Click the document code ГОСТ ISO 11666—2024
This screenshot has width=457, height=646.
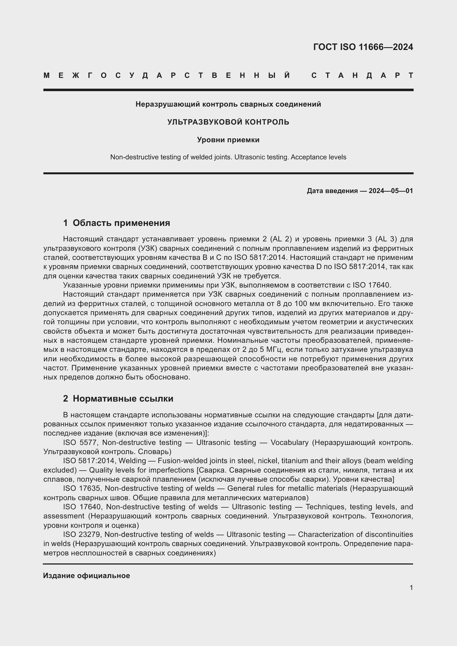point(363,47)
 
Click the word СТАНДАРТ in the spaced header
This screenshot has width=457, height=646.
point(362,75)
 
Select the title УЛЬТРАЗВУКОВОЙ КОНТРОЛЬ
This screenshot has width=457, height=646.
point(228,122)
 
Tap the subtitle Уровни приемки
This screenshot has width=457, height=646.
point(228,139)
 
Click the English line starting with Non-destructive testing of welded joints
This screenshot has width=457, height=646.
point(228,157)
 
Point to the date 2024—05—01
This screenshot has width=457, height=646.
point(391,191)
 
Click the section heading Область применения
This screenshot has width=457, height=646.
point(121,223)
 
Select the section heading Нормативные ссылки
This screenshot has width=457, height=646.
point(123,399)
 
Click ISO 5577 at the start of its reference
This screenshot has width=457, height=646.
point(80,442)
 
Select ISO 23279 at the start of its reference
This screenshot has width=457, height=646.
point(81,534)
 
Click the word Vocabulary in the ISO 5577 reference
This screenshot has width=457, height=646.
point(290,442)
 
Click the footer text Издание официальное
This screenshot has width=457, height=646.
point(86,576)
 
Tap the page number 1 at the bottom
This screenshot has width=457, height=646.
point(411,588)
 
